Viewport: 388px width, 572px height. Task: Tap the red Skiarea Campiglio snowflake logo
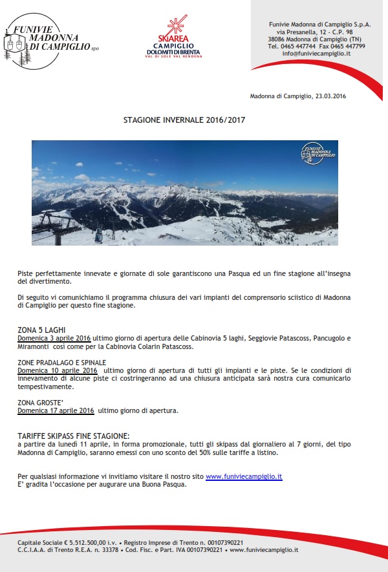173,29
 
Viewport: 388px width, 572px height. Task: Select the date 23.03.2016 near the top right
330,96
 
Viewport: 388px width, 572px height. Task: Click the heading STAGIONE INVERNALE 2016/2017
184,120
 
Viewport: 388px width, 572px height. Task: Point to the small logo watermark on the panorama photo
318,153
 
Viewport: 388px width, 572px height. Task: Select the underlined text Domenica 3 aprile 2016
54,338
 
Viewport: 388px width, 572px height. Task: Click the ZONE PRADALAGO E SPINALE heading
61,362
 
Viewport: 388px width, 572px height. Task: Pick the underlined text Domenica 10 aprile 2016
57,370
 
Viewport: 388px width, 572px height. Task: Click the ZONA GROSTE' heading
38,402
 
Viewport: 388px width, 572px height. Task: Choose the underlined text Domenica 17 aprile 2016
56,410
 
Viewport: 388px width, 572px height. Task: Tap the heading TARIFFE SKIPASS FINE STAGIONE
74,436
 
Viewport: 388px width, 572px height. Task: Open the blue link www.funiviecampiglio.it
244,476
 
